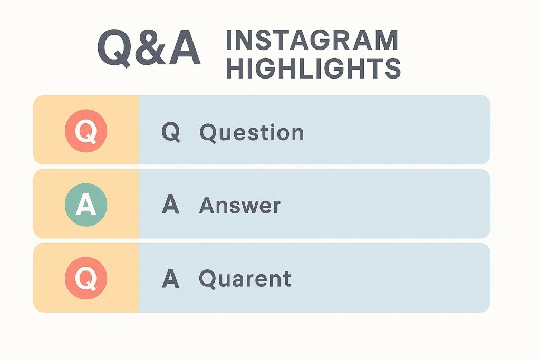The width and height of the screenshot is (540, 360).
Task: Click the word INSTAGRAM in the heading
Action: (312, 40)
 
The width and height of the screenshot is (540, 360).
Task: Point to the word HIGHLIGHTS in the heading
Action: (313, 68)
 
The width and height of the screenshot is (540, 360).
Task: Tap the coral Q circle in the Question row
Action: (86, 131)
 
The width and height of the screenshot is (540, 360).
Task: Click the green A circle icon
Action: (86, 205)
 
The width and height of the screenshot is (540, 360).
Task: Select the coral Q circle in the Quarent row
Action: (86, 278)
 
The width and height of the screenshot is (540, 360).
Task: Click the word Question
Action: (252, 132)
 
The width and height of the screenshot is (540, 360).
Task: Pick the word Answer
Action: (240, 205)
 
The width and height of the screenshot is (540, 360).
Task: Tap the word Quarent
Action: (245, 279)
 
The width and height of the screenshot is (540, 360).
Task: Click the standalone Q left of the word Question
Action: (171, 132)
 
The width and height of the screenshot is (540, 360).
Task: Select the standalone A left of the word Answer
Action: (171, 205)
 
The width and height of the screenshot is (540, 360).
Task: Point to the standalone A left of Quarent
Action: (171, 278)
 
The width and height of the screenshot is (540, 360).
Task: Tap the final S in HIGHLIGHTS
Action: (392, 68)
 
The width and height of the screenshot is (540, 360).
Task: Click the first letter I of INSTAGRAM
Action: (228, 40)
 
